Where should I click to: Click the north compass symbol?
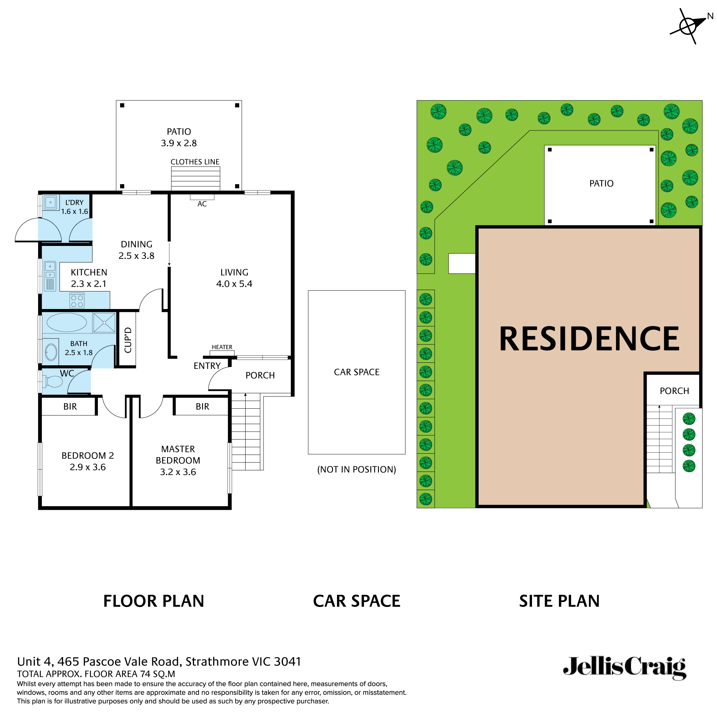[688, 25]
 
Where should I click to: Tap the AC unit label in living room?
[202, 204]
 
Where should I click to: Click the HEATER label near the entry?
[222, 347]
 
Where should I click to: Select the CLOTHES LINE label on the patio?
[195, 162]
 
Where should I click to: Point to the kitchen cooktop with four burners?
[77, 301]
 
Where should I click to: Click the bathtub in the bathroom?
[67, 322]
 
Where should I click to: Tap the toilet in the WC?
[53, 381]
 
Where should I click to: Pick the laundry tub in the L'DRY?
[51, 203]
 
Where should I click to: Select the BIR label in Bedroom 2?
[70, 407]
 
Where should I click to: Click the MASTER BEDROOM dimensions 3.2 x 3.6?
[178, 472]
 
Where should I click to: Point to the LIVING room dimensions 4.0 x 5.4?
[234, 284]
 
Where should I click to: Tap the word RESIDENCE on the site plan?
[589, 338]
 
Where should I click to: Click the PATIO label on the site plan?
[601, 183]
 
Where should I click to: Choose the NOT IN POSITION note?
[356, 470]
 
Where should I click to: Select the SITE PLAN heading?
[559, 601]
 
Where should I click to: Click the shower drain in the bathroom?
[105, 323]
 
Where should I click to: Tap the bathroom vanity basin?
[51, 351]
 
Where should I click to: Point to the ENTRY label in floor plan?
[207, 366]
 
